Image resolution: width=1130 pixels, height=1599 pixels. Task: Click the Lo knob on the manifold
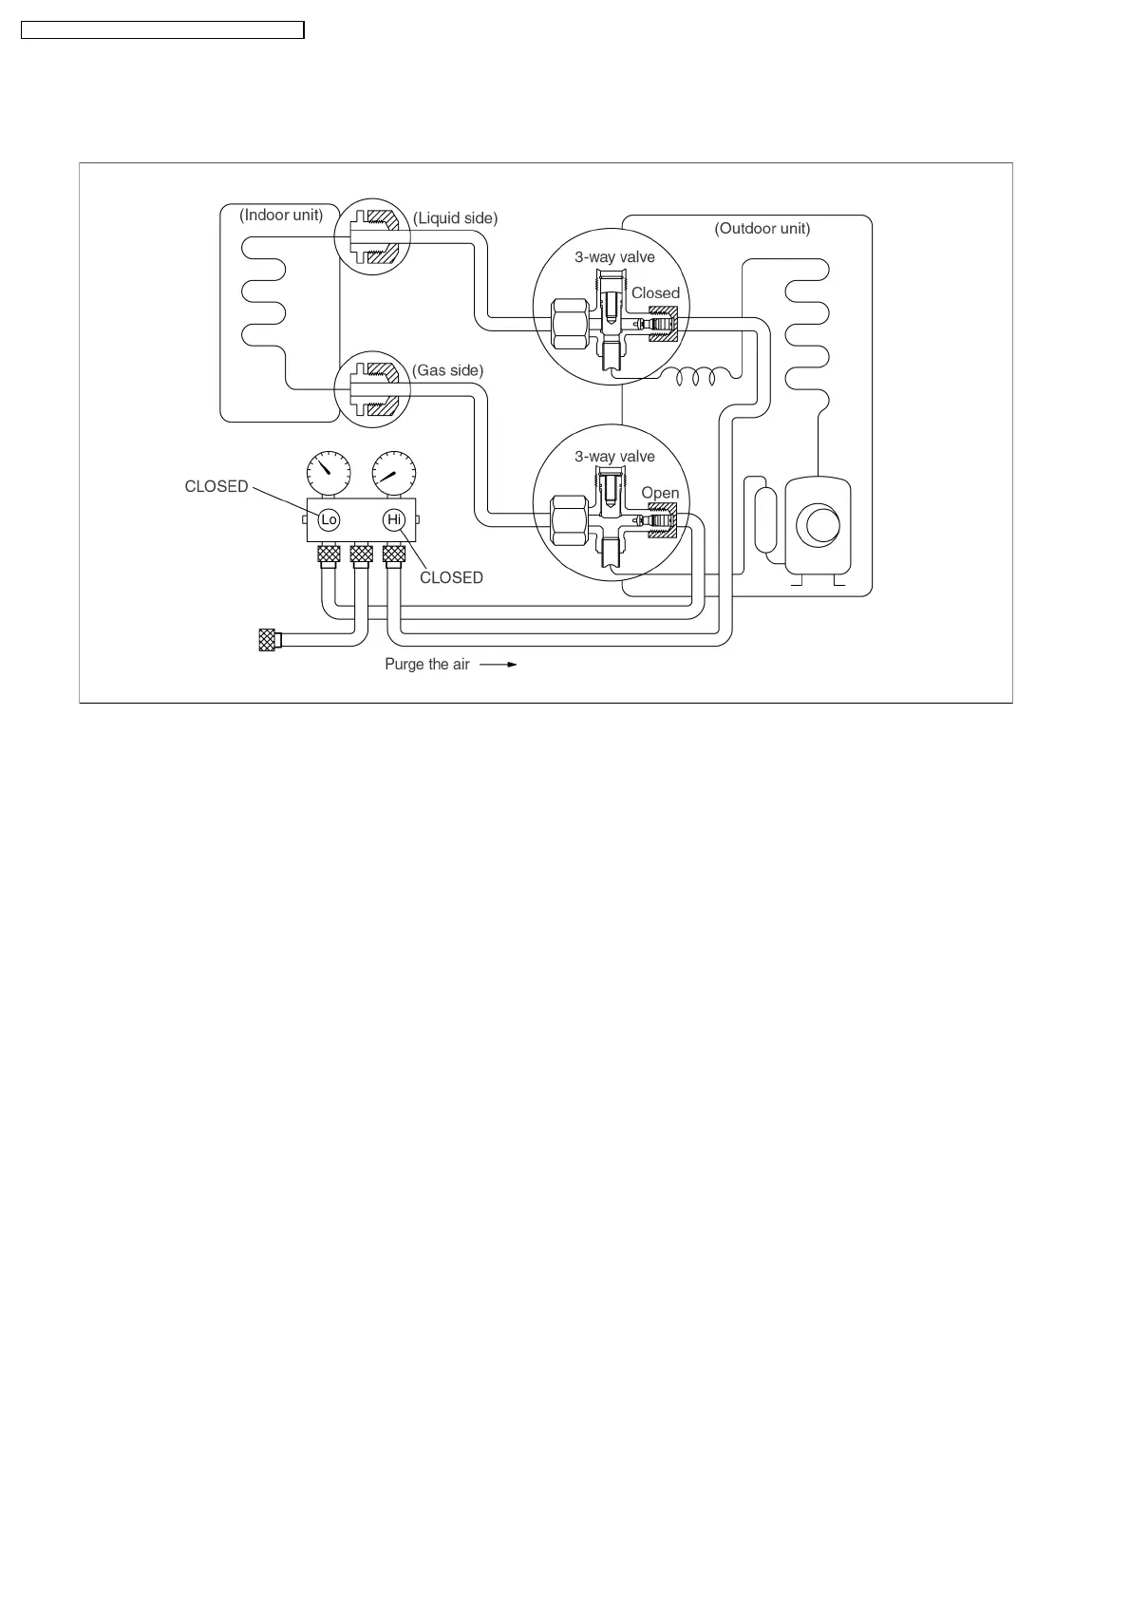pyautogui.click(x=329, y=519)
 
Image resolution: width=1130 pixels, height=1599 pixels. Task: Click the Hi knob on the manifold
pyautogui.click(x=394, y=519)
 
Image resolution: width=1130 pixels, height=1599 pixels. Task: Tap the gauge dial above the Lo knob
pyautogui.click(x=329, y=471)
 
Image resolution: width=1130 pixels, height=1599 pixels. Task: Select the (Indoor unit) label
pyautogui.click(x=281, y=215)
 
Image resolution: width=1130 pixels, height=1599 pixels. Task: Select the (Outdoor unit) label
pyautogui.click(x=762, y=229)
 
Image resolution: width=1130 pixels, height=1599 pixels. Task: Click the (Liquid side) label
pyautogui.click(x=455, y=218)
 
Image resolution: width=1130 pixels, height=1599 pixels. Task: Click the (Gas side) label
pyautogui.click(x=447, y=370)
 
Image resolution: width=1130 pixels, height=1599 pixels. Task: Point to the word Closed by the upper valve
pyautogui.click(x=655, y=293)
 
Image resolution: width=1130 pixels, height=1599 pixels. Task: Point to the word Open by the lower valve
pyautogui.click(x=660, y=493)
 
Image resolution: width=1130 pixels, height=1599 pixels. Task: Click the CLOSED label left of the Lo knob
pyautogui.click(x=217, y=486)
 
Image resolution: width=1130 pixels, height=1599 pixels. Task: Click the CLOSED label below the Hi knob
pyautogui.click(x=451, y=577)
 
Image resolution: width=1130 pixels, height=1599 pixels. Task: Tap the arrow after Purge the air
pyautogui.click(x=499, y=665)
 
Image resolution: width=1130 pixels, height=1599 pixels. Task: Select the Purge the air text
pyautogui.click(x=426, y=665)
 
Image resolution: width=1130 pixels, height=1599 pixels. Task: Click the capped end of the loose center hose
pyautogui.click(x=267, y=640)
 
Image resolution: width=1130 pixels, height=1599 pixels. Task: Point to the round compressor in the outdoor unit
pyautogui.click(x=818, y=524)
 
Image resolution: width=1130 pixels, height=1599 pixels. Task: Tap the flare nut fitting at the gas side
pyautogui.click(x=371, y=390)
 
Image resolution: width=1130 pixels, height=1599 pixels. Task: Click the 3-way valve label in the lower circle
pyautogui.click(x=614, y=457)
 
